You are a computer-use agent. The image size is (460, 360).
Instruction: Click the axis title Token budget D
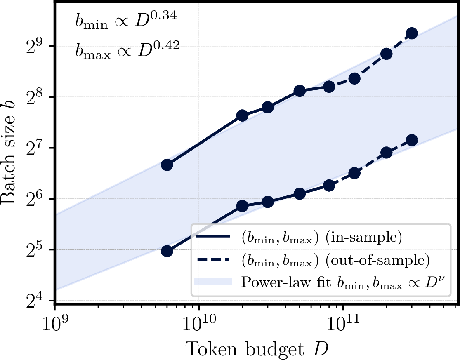(256, 349)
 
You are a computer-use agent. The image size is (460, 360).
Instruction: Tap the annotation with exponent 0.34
(126, 20)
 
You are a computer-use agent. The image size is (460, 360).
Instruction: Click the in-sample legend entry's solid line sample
(213, 236)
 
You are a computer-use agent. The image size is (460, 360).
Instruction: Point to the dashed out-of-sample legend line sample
(213, 259)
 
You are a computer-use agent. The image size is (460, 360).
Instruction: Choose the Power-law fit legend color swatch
(213, 282)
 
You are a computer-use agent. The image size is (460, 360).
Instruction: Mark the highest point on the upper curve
(412, 33)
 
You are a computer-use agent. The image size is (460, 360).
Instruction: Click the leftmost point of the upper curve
(167, 165)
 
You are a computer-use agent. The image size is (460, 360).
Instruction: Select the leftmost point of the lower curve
(167, 251)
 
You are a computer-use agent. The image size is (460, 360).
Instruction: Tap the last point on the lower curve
(412, 140)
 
